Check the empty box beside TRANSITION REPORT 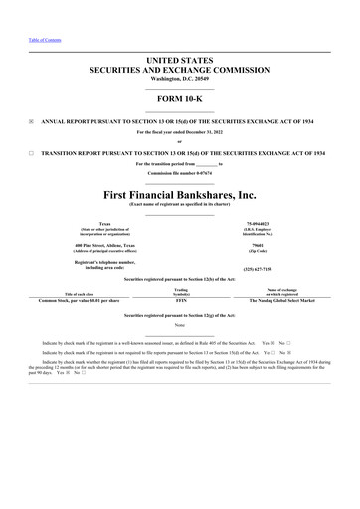click(x=31, y=154)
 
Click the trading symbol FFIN click(x=181, y=300)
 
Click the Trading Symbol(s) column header click(x=181, y=291)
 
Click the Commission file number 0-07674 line click(x=180, y=173)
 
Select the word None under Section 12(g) click(x=180, y=325)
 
